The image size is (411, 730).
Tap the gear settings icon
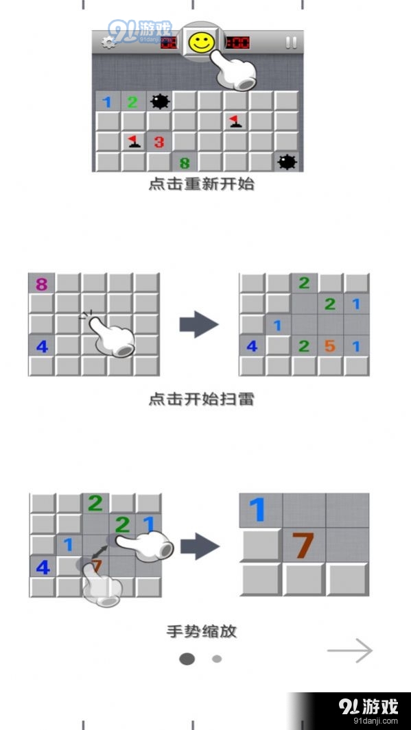[108, 42]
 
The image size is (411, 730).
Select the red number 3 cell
[159, 142]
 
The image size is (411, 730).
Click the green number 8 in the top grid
[184, 163]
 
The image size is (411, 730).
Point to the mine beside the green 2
[159, 102]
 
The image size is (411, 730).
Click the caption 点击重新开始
[201, 184]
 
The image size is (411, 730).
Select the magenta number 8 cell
[41, 284]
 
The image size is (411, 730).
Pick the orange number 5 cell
[330, 346]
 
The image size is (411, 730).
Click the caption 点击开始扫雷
[201, 398]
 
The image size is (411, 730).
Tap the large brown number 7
[303, 545]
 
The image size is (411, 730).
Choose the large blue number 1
[257, 511]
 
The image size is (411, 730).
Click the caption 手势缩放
[201, 631]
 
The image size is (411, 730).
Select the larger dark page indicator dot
[187, 659]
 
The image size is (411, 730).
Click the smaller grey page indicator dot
[217, 659]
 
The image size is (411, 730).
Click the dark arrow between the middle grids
[198, 325]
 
